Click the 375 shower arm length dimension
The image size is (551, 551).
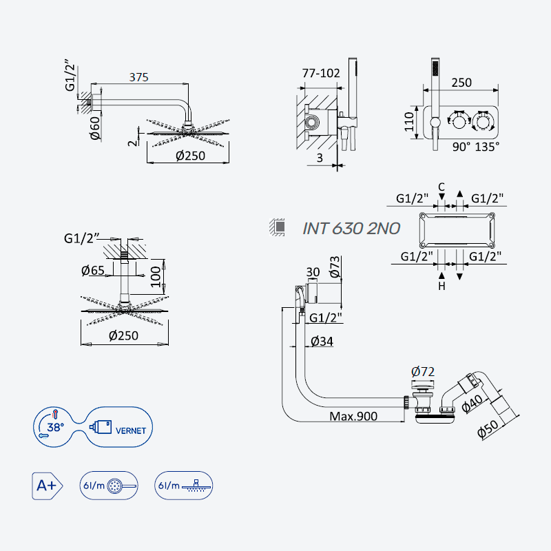click(x=139, y=77)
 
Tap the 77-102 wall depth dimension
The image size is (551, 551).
click(x=321, y=73)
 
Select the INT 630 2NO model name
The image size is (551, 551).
click(x=351, y=229)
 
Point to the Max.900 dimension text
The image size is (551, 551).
click(x=353, y=417)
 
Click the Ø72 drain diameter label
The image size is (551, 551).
click(x=423, y=371)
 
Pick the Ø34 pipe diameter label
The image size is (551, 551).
click(x=322, y=341)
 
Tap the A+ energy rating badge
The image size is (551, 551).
click(x=47, y=486)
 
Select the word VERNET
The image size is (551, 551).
click(x=131, y=431)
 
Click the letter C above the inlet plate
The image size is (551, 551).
click(x=441, y=187)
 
